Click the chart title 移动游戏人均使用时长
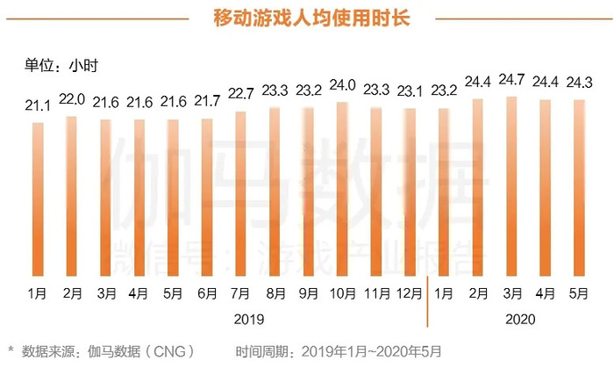[306, 18]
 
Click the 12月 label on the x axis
[409, 291]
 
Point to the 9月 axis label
[308, 291]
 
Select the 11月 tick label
[375, 291]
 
